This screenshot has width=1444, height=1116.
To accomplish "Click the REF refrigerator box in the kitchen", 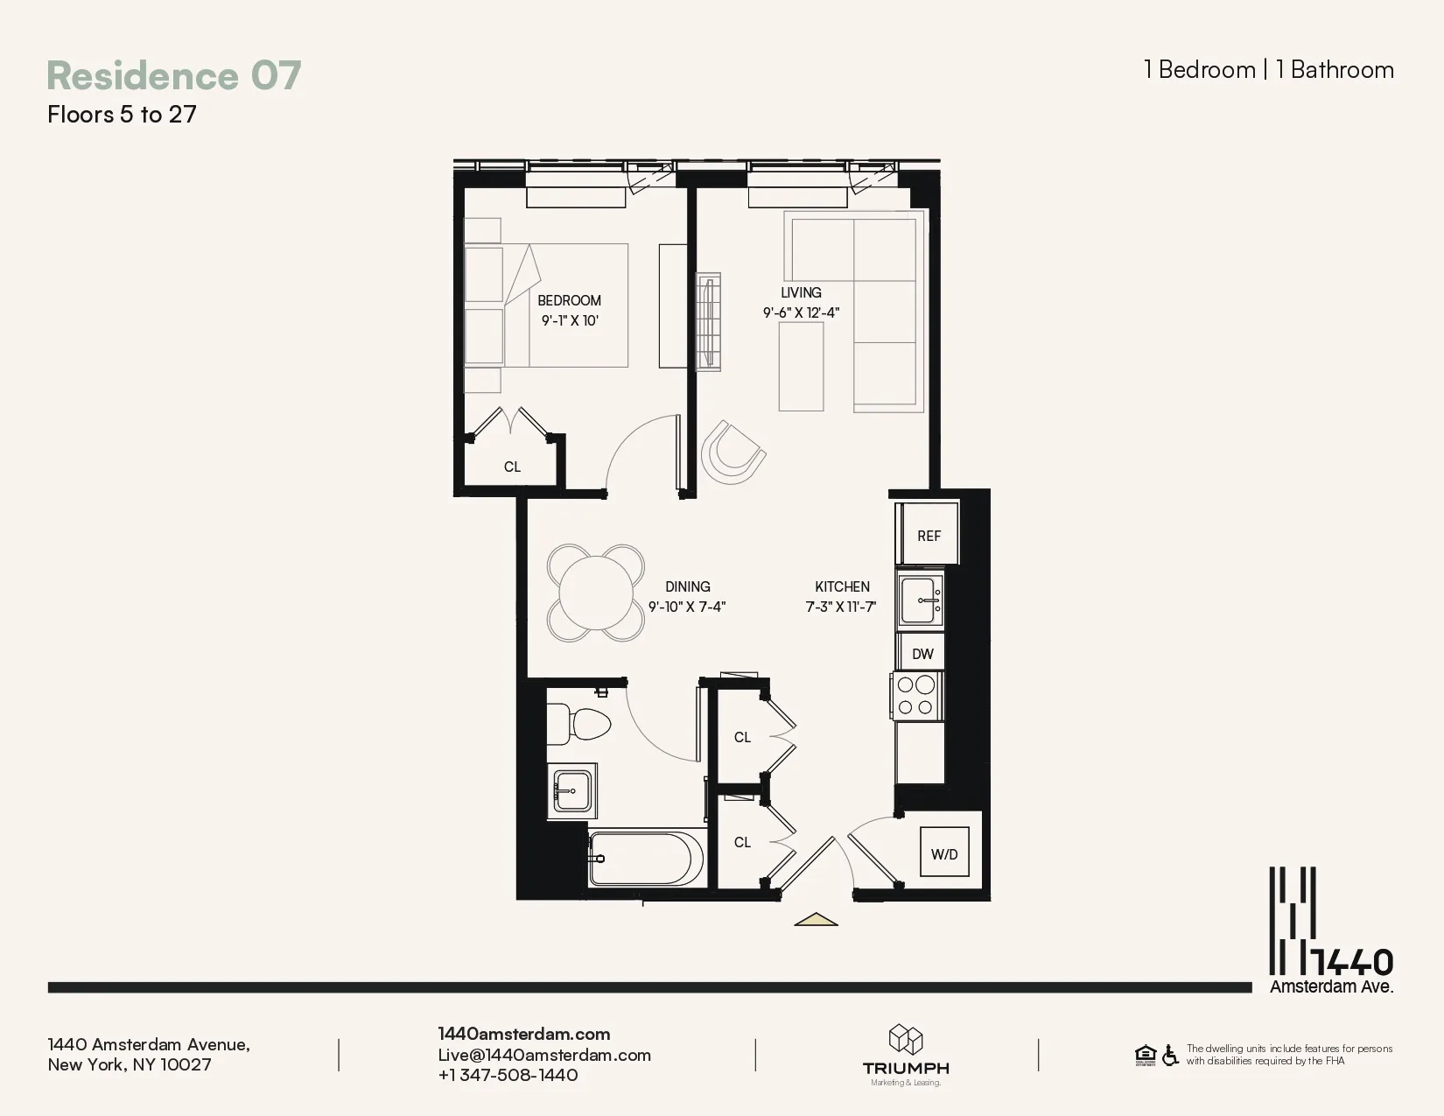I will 928,535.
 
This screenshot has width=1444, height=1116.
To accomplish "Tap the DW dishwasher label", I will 922,654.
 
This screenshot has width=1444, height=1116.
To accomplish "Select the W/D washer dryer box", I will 944,853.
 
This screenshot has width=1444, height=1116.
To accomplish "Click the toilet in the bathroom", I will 579,724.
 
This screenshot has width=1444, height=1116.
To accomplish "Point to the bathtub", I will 646,859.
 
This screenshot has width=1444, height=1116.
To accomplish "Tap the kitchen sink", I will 921,600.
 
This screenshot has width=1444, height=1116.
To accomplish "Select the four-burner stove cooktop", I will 916,696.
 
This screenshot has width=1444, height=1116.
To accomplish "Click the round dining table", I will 596,593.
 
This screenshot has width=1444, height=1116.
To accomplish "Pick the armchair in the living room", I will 732,452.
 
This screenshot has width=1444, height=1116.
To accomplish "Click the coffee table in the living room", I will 801,366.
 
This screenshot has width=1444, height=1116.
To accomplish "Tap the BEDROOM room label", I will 569,300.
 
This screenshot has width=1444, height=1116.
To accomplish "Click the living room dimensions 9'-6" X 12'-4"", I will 801,312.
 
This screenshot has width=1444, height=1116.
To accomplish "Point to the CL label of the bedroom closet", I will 512,467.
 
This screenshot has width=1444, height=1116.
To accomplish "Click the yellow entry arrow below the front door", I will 816,919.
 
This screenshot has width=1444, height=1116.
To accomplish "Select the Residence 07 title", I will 173,75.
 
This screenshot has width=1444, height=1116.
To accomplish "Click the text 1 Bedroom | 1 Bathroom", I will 1268,70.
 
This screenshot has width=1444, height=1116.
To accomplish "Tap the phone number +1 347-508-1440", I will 508,1075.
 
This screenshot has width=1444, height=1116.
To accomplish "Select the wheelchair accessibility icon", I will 1170,1055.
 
